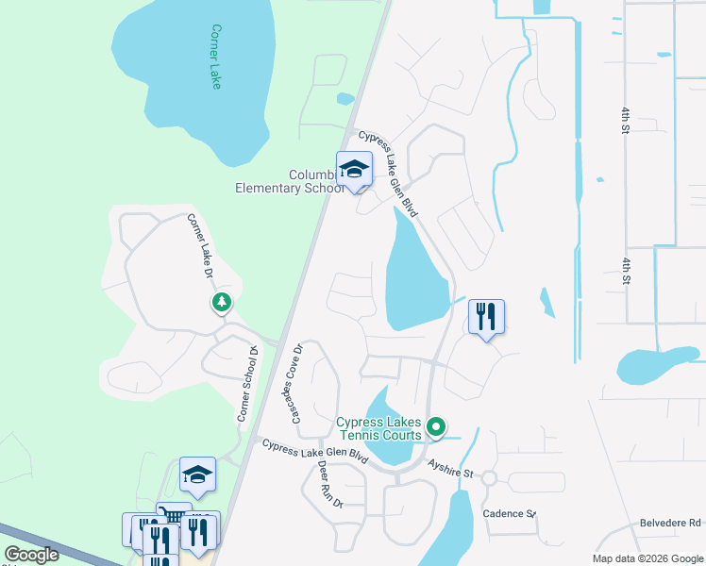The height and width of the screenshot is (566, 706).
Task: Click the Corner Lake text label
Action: coord(217,57)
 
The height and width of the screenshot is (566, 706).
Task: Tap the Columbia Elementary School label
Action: coord(289,181)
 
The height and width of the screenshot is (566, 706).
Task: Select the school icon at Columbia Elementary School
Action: coord(354,170)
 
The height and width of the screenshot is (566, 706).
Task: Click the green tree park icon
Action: coord(221,302)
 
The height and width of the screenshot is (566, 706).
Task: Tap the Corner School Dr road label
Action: coord(246,384)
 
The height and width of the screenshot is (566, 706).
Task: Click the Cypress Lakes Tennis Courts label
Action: coord(379,428)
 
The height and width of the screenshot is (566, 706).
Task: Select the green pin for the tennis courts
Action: coord(436,428)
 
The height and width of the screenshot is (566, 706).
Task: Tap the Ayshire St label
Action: coord(448,467)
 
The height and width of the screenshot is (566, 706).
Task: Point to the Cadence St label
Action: coord(510,513)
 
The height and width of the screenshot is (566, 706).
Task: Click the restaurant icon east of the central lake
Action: coord(486,316)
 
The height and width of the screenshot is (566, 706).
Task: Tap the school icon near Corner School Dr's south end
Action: coord(197,474)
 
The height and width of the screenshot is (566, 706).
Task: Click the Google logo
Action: coord(31,555)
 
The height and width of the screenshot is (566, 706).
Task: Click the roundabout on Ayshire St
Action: coord(488,478)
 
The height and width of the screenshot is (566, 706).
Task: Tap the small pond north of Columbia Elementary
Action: coord(345,98)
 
